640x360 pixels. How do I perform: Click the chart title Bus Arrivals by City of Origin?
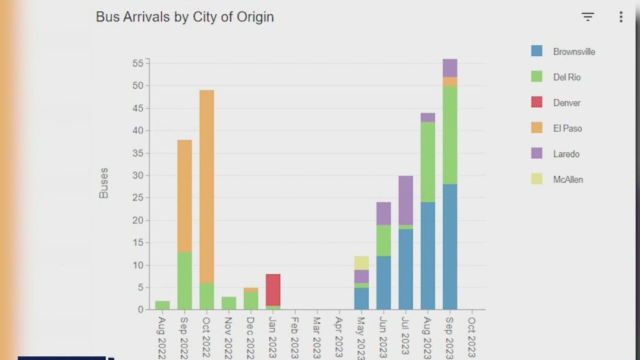coord(184,17)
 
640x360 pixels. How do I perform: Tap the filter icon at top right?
coord(588,17)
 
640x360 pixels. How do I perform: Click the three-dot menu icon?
coord(620,17)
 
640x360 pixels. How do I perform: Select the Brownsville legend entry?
coord(573,52)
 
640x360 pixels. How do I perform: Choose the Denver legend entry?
coord(566,103)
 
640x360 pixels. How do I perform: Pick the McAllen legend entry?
coord(567,180)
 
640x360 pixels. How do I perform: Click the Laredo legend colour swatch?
coord(537,154)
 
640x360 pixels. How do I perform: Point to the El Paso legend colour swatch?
coord(537,128)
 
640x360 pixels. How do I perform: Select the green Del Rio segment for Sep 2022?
coord(184,280)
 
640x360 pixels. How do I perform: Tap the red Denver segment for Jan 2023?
coord(273,290)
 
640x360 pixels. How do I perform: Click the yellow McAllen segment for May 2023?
coord(362,263)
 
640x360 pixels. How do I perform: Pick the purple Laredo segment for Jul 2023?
coord(406,201)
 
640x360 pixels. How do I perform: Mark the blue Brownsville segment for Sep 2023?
coord(450,246)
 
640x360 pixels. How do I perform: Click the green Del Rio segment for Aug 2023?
coord(428,162)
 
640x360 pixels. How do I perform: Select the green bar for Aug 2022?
coord(162,305)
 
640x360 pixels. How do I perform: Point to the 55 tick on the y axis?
coord(138,63)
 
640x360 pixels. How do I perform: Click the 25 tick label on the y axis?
coord(138,198)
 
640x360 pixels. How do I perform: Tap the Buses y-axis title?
coord(104,183)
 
